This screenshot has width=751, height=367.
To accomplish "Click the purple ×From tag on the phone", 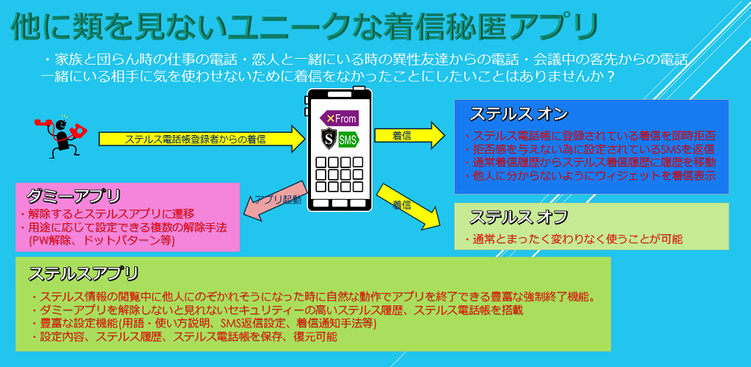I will (x=339, y=118).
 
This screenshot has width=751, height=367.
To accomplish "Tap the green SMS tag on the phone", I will (x=348, y=139).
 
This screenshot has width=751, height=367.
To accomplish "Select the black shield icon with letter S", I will (x=328, y=139).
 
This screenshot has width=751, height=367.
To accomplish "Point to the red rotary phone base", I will (x=77, y=132).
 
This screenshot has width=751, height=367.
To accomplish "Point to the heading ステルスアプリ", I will (x=84, y=274).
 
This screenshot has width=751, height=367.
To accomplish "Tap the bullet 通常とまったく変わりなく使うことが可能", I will (x=575, y=239).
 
